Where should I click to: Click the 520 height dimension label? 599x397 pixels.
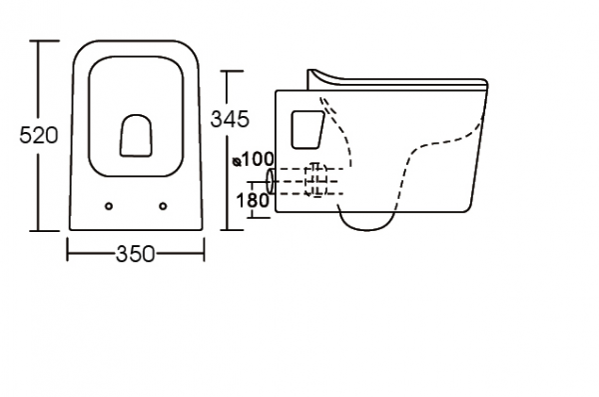pos(39,135)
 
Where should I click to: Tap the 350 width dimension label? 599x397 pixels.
pos(135,254)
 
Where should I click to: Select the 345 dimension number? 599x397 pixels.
pos(230,119)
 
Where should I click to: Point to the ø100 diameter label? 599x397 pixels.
pos(254,159)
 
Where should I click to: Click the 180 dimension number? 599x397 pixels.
pos(253,200)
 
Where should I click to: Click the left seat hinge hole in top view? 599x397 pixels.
pos(109,206)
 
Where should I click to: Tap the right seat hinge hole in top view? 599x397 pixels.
pos(163,206)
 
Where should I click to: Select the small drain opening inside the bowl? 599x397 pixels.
pos(136,136)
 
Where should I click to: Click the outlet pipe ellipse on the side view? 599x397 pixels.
pos(271,181)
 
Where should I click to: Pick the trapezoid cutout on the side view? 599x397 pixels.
pos(307,129)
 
